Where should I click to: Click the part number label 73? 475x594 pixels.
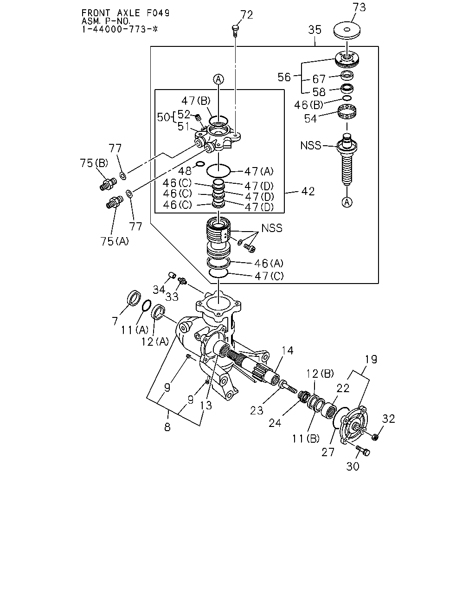pyautogui.click(x=359, y=7)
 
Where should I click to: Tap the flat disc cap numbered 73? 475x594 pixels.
pyautogui.click(x=347, y=31)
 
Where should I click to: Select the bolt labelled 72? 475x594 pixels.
pyautogui.click(x=235, y=31)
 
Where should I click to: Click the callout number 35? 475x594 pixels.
pyautogui.click(x=315, y=30)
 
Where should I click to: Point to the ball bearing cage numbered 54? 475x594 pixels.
pyautogui.click(x=347, y=112)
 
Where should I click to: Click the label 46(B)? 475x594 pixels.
pyautogui.click(x=308, y=105)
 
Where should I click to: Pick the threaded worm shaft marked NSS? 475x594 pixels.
pyautogui.click(x=347, y=159)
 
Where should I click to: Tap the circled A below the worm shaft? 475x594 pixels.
pyautogui.click(x=347, y=202)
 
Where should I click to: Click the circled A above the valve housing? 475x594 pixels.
pyautogui.click(x=218, y=79)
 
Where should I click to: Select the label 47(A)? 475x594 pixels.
pyautogui.click(x=259, y=171)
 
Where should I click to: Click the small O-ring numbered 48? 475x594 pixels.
pyautogui.click(x=200, y=164)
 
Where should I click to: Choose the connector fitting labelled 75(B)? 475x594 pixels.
pyautogui.click(x=108, y=184)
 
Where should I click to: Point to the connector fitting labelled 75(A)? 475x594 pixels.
pyautogui.click(x=115, y=202)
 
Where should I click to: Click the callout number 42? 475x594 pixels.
pyautogui.click(x=308, y=191)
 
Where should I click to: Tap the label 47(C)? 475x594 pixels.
pyautogui.click(x=269, y=276)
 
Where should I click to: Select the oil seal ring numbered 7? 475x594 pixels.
pyautogui.click(x=134, y=298)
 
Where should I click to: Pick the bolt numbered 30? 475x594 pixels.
pyautogui.click(x=363, y=451)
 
